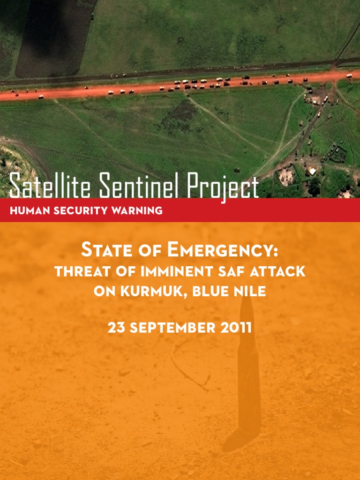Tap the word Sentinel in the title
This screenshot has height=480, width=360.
(140, 186)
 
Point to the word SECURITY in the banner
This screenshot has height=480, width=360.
(82, 210)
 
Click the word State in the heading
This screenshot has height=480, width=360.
(106, 251)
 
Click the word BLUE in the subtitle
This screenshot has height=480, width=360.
(202, 291)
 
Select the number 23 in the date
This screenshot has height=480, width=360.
(115, 328)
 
